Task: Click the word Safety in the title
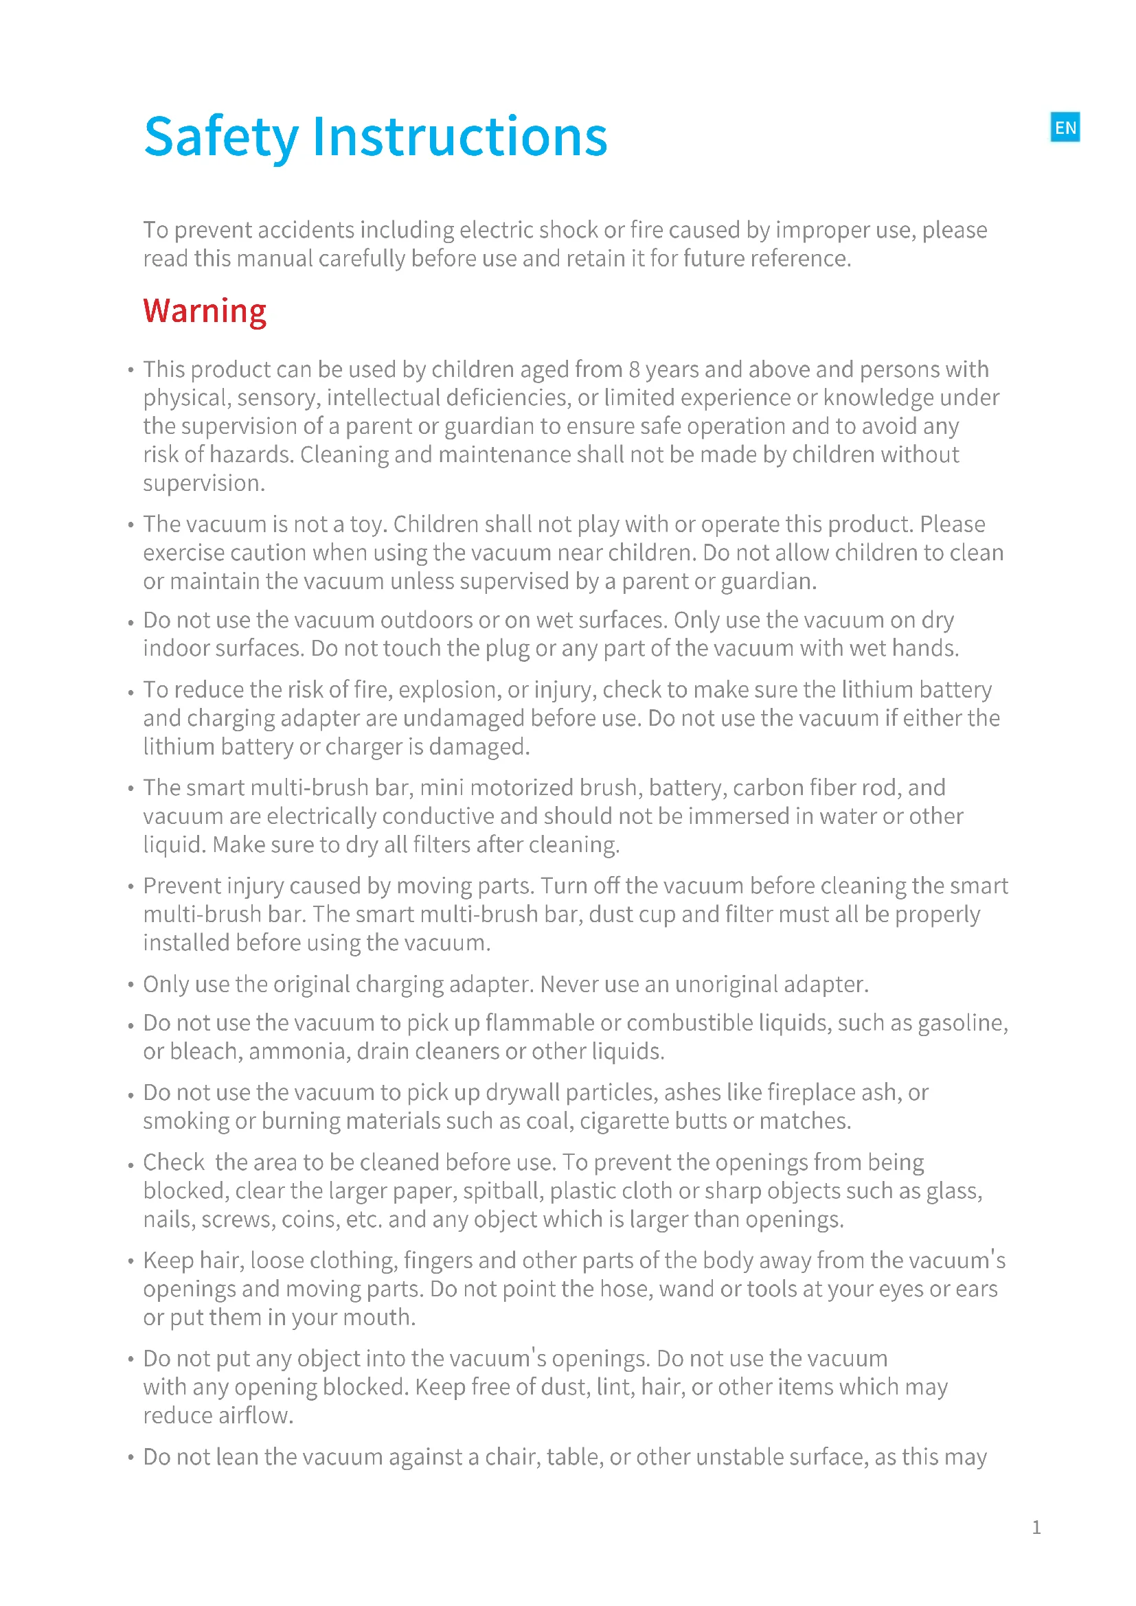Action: click(221, 137)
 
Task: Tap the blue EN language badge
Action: click(1065, 127)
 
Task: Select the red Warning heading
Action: click(204, 311)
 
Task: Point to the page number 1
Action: click(1036, 1528)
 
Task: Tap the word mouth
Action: click(383, 1318)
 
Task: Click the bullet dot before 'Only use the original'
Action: click(130, 985)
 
